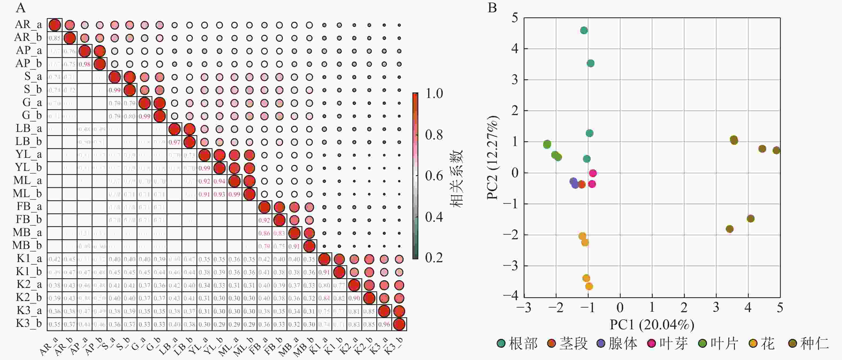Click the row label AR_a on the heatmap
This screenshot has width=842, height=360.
(x=28, y=25)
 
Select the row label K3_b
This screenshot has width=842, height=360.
(x=29, y=324)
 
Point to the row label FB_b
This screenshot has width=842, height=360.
(x=29, y=220)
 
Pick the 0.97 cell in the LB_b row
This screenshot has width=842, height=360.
(x=174, y=142)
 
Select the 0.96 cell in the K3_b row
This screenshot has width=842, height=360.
(x=384, y=325)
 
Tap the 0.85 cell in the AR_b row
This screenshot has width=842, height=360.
(x=54, y=38)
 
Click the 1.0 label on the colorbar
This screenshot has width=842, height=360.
(x=434, y=94)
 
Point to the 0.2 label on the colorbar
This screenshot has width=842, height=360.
(x=434, y=258)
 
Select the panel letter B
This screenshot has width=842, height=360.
(x=492, y=7)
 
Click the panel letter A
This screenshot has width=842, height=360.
(x=21, y=7)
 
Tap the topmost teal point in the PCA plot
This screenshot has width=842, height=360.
(x=584, y=31)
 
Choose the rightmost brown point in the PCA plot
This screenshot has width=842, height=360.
(x=776, y=151)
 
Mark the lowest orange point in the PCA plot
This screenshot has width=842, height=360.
(x=589, y=287)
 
